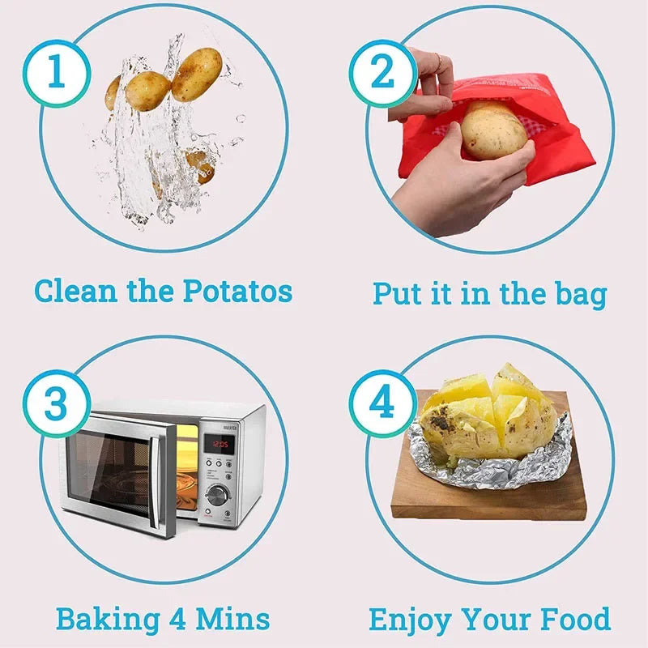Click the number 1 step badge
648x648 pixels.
55,72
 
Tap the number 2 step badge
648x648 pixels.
382,72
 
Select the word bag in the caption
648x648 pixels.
577,293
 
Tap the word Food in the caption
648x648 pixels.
572,620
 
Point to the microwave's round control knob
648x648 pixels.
216,495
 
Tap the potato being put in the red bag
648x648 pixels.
493,130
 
